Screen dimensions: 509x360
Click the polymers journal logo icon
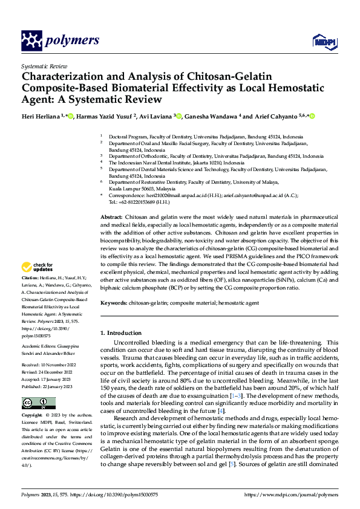(31, 41)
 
